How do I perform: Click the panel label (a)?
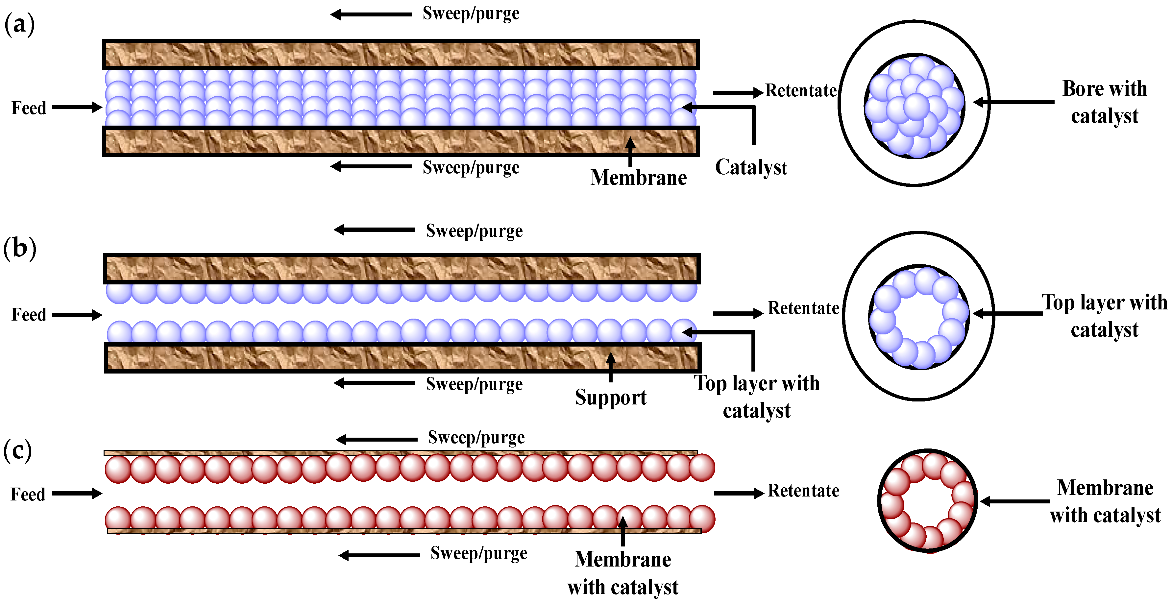point(19,24)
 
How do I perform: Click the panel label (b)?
point(19,249)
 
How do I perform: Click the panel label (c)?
point(17,451)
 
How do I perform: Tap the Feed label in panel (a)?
point(29,108)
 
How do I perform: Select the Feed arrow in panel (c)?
point(76,494)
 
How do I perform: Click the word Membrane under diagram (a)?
point(638,178)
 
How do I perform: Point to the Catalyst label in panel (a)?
point(751,167)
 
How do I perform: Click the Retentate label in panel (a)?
point(801,90)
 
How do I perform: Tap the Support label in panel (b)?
point(610,398)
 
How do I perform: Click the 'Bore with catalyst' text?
point(1104,102)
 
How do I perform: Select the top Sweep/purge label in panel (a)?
point(471,14)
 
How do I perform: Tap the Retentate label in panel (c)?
point(803,491)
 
